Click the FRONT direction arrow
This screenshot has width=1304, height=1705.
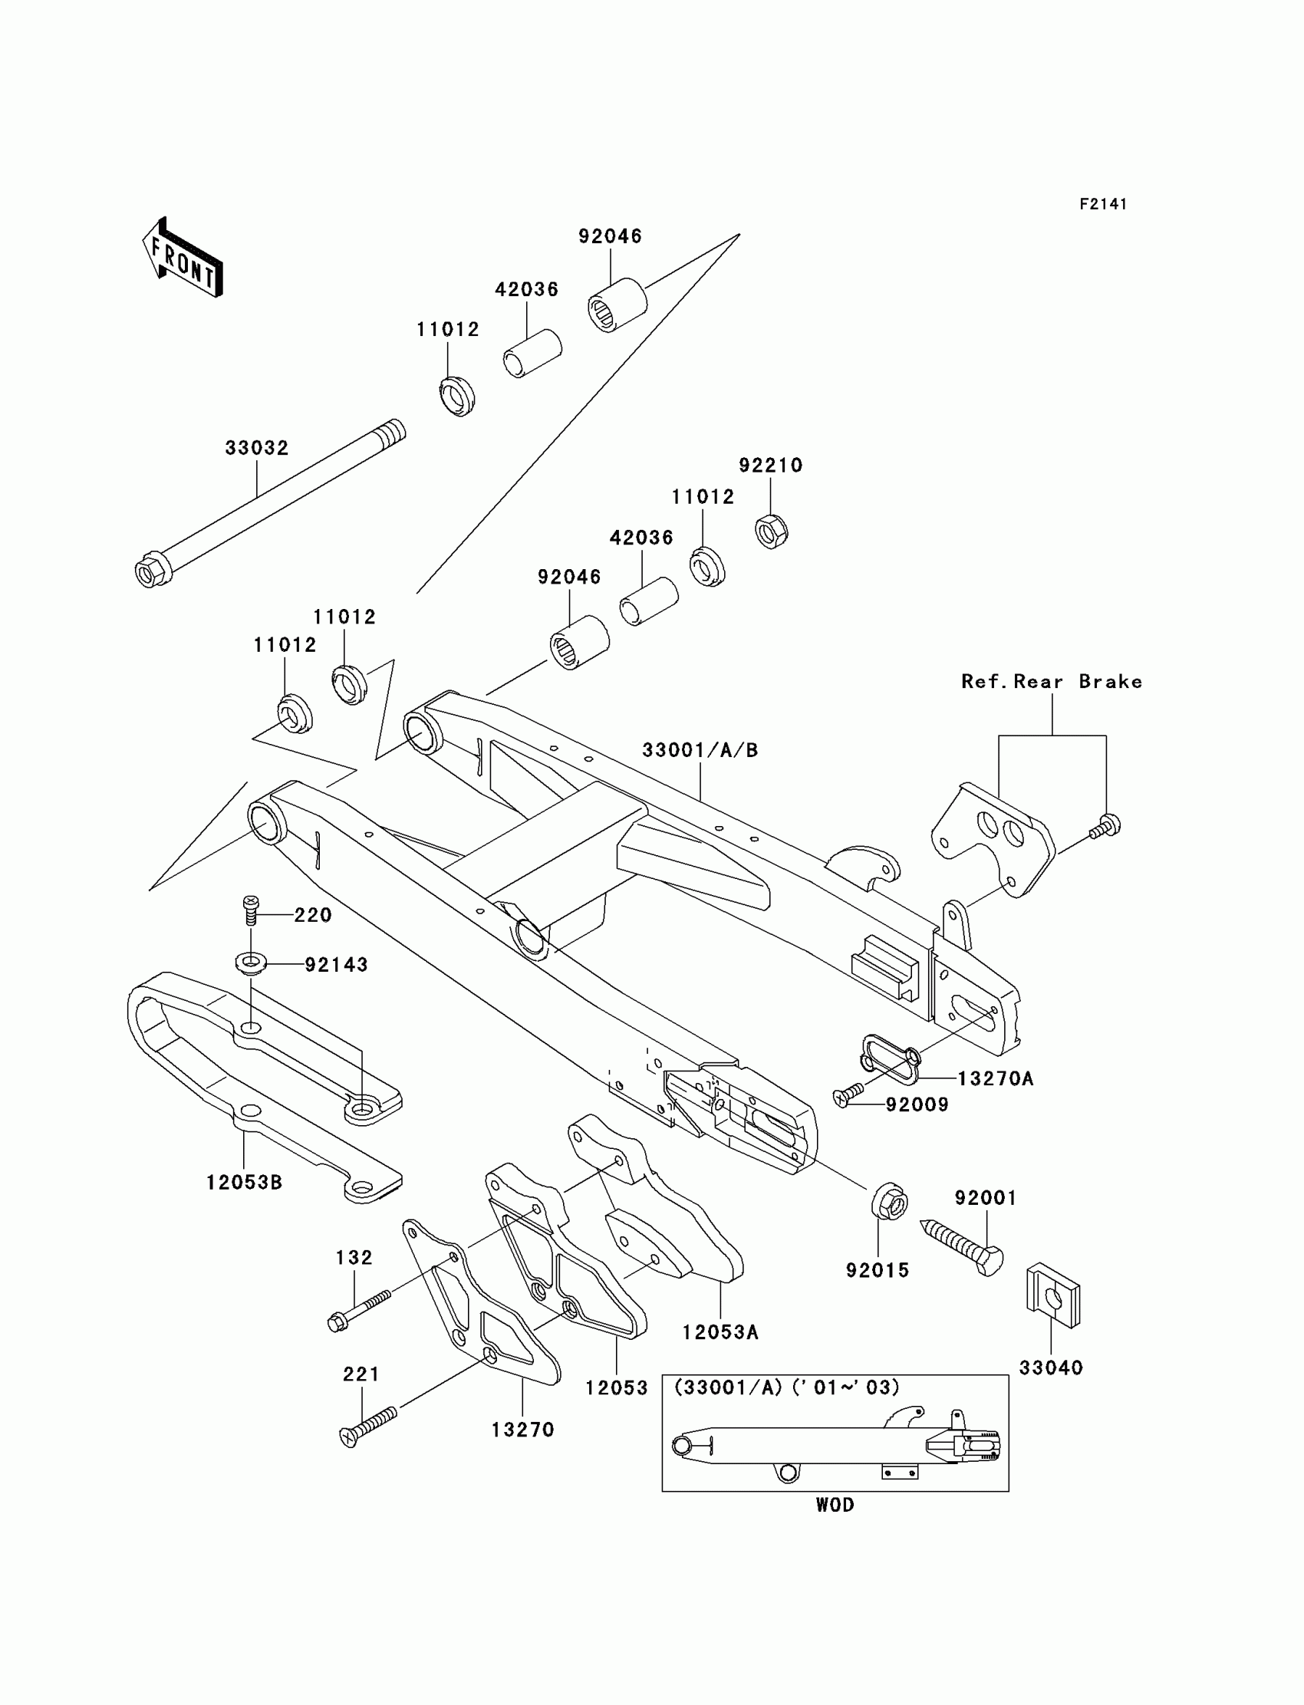tap(183, 257)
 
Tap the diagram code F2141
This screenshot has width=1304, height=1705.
tap(1103, 204)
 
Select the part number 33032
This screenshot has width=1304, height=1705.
tap(257, 448)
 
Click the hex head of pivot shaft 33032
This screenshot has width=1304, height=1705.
tap(149, 572)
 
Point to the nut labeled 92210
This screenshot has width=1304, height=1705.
tap(772, 531)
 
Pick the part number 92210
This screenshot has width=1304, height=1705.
tap(771, 466)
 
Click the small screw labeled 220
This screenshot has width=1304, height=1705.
tap(251, 910)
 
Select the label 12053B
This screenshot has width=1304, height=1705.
tap(245, 1183)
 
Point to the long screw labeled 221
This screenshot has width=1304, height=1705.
tap(369, 1426)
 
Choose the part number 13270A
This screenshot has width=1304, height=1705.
tap(996, 1078)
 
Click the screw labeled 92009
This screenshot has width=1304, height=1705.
tap(848, 1094)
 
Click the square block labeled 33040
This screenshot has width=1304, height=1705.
tap(1053, 1296)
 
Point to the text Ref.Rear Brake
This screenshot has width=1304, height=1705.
tap(1052, 681)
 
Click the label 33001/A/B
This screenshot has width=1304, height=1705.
tap(700, 750)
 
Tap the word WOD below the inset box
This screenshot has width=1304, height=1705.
tap(835, 1505)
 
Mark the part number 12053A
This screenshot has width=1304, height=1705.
tap(720, 1332)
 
